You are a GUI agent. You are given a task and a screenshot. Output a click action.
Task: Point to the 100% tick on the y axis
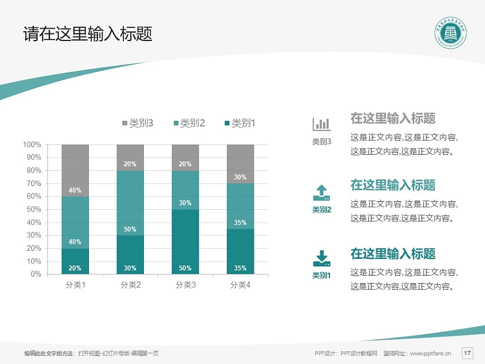[32, 145]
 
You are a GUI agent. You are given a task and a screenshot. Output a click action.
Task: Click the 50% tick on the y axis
[34, 209]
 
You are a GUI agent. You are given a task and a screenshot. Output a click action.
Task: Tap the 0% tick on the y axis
[36, 274]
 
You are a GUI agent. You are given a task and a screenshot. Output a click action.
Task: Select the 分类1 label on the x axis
[75, 285]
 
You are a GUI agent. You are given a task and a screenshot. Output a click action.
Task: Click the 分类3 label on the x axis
[185, 285]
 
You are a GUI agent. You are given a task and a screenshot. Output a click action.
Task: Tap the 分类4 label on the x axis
[240, 285]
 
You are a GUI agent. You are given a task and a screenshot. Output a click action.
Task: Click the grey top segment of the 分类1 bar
[75, 170]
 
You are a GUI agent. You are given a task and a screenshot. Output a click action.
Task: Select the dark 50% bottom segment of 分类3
[185, 242]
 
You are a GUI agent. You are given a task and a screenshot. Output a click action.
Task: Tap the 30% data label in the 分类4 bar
[240, 177]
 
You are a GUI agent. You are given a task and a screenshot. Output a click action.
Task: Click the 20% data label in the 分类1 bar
[75, 268]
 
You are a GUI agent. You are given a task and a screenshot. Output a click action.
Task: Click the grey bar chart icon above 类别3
[322, 124]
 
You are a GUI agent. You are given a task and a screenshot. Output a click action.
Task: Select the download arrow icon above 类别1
[322, 258]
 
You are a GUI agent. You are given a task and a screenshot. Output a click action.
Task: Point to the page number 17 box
[467, 353]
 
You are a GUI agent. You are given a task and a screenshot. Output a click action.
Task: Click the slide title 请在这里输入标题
[88, 35]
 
